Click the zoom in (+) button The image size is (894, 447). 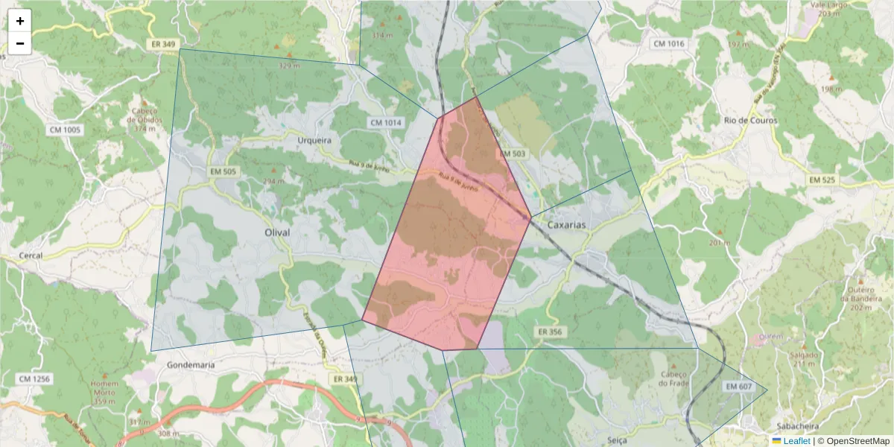[20, 21]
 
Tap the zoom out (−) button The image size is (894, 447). [20, 43]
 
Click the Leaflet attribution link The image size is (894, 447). [796, 441]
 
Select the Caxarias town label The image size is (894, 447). [566, 224]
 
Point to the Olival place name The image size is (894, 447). [277, 233]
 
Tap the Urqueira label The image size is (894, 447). [314, 140]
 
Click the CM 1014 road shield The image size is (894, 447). [384, 122]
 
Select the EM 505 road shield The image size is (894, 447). [223, 172]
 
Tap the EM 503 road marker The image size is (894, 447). [514, 154]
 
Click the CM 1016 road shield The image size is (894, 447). [668, 44]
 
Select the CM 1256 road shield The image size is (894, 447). [34, 379]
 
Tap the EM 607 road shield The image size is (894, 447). [738, 386]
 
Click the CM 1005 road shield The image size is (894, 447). [65, 130]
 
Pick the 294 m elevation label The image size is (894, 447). [274, 181]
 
